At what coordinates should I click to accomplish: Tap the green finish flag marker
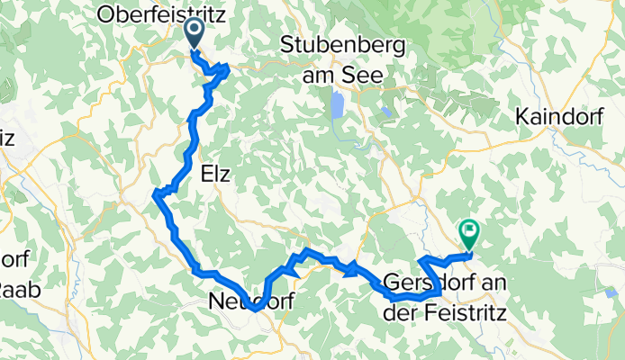469,233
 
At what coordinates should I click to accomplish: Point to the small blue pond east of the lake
386,112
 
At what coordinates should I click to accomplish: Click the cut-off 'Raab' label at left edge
7,289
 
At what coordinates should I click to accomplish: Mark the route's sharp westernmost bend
157,193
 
